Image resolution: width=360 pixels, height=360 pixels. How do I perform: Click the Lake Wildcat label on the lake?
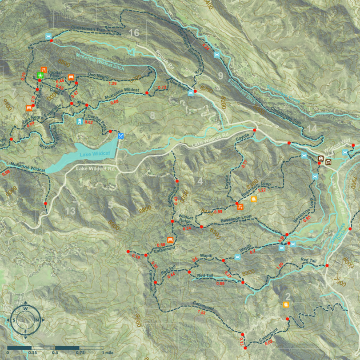pyautogui.click(x=95, y=154)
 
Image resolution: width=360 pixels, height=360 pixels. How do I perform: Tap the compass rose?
pyautogui.click(x=26, y=320)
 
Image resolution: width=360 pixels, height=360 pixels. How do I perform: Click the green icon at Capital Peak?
pyautogui.click(x=40, y=76)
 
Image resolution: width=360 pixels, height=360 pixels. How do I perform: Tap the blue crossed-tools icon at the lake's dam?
pyautogui.click(x=120, y=136)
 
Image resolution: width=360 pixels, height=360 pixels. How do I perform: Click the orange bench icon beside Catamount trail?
pyautogui.click(x=170, y=240)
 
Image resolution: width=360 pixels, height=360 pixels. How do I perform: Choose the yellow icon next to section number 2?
pyautogui.click(x=286, y=304)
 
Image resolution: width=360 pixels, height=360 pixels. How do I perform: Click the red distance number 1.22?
pyautogui.click(x=262, y=190)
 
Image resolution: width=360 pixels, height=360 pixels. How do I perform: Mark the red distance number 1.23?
pyautogui.click(x=201, y=312)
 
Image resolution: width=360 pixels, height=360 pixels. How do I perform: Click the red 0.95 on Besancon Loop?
pyautogui.click(x=306, y=219)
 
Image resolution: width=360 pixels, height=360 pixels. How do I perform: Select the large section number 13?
pyautogui.click(x=70, y=211)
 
